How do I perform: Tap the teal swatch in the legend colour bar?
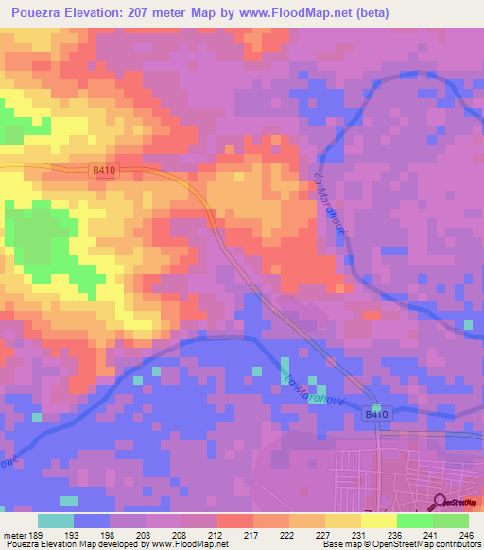point(56,521)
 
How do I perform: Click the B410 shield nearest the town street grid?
point(377,414)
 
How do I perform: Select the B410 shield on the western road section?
point(105,169)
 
